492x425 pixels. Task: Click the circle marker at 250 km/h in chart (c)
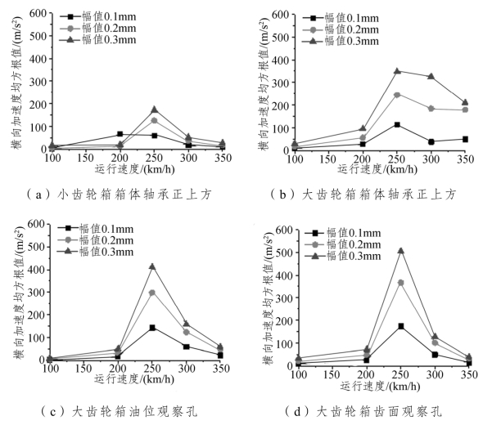tap(152, 292)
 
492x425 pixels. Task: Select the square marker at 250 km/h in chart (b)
tap(397, 124)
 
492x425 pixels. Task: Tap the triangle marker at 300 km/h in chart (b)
tap(431, 76)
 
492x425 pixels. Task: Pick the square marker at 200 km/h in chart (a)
tap(120, 134)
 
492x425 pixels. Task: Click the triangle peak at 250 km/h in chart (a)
tap(153, 110)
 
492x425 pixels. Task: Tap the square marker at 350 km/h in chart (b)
tap(465, 139)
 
